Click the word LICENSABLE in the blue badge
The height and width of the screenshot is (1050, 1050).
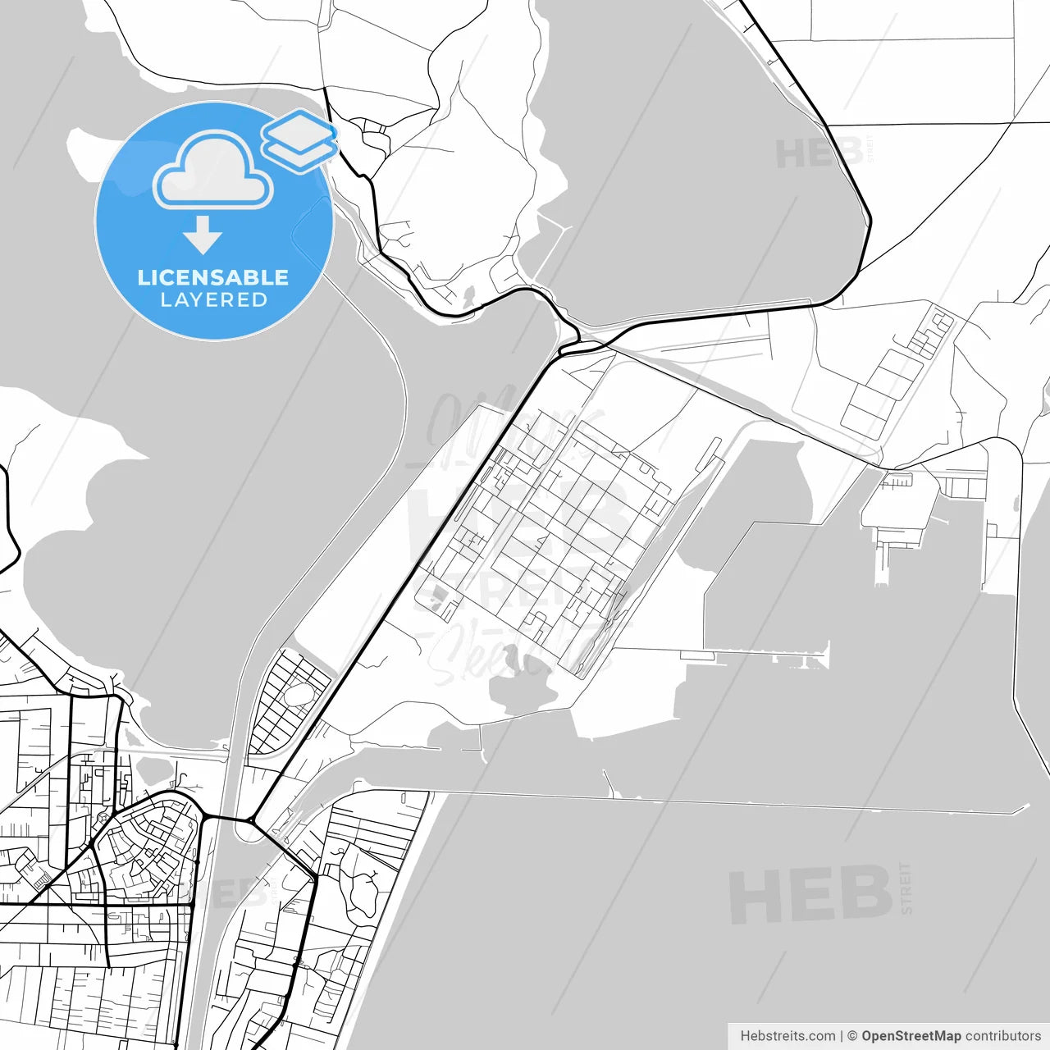point(213,277)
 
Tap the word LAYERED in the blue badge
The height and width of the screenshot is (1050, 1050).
point(213,300)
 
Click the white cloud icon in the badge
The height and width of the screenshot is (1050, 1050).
point(213,171)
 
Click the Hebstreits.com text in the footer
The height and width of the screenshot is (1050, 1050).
point(787,1036)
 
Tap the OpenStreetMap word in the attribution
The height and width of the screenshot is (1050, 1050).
point(911,1036)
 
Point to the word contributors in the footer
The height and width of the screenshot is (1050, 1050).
point(1002,1036)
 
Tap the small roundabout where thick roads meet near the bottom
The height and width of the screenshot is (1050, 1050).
point(250,819)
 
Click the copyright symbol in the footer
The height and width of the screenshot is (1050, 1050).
point(852,1036)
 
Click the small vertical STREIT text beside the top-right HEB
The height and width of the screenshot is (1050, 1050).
point(870,148)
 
